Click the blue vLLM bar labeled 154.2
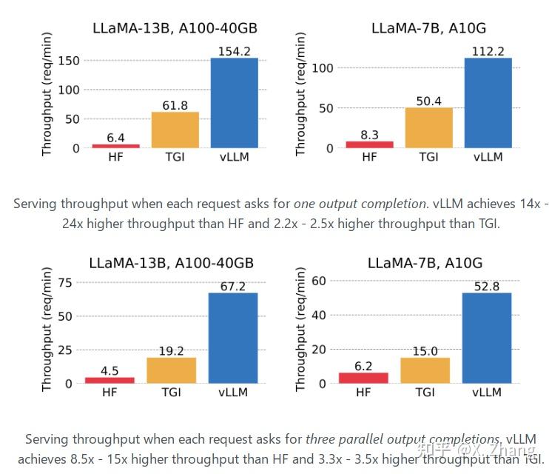point(234,103)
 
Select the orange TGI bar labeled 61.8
point(175,130)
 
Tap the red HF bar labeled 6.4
point(115,146)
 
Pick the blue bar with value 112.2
point(488,103)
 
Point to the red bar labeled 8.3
point(369,144)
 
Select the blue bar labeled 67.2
point(234,338)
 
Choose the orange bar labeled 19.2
point(172,370)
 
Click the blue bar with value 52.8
point(487,338)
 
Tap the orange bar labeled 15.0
point(425,370)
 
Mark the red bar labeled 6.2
point(363,378)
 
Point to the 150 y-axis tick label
point(69,60)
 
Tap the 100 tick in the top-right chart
point(323,68)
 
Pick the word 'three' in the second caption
point(320,439)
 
